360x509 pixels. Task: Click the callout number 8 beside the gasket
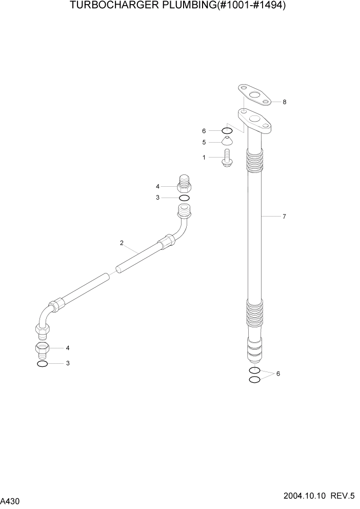[x=284, y=102]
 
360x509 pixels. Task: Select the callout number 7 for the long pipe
[x=284, y=217]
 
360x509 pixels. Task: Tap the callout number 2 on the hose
[x=122, y=243]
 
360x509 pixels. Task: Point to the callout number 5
[x=204, y=142]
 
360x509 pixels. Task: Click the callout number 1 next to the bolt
[x=204, y=158]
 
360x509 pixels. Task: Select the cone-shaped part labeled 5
[x=227, y=142]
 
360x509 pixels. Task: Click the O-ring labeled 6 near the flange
[x=228, y=130]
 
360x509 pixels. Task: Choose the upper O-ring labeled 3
[x=184, y=198]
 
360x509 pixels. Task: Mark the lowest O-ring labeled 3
[x=43, y=364]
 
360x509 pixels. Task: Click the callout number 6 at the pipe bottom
[x=278, y=374]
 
